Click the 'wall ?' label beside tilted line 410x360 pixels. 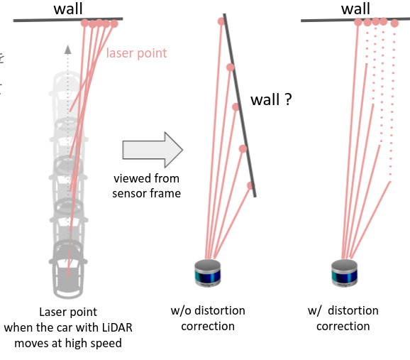(271, 100)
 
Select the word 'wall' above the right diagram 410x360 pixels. (355, 9)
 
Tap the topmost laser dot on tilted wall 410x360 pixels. (221, 21)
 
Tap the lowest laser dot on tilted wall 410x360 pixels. (250, 185)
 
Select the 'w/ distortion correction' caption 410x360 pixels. (344, 319)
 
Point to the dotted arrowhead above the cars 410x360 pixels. (68, 49)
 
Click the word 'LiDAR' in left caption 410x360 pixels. (117, 327)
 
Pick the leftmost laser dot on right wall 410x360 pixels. (358, 23)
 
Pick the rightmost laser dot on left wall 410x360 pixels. (113, 24)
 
